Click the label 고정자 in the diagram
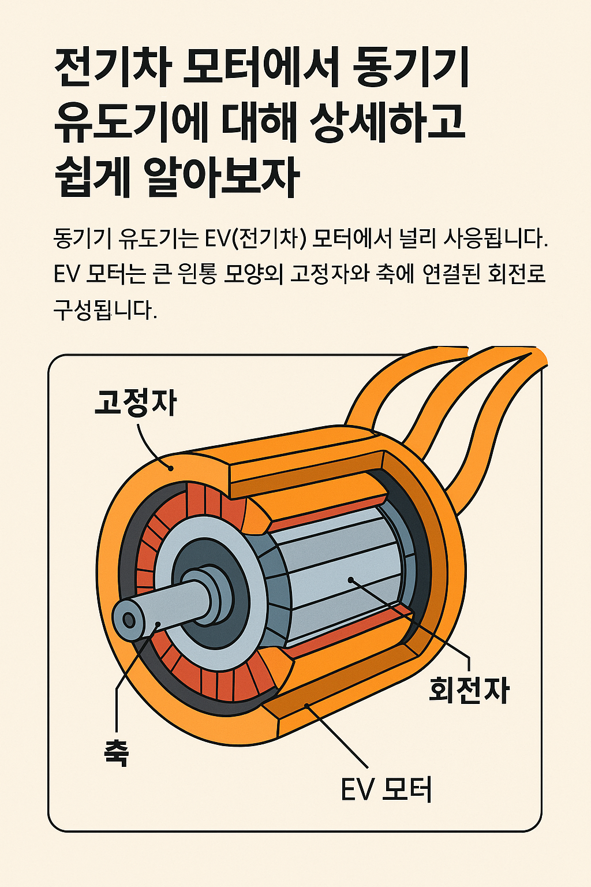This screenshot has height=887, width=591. [x=135, y=403]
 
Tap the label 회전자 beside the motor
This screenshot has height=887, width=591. [x=469, y=690]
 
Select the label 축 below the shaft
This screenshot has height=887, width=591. [x=116, y=752]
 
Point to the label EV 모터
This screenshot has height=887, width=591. [x=386, y=789]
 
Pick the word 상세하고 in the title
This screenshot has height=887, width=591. [x=388, y=122]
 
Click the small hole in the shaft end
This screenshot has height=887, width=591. [x=129, y=620]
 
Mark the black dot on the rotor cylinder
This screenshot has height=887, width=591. [x=350, y=579]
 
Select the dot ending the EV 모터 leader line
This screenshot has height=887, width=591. [x=307, y=705]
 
